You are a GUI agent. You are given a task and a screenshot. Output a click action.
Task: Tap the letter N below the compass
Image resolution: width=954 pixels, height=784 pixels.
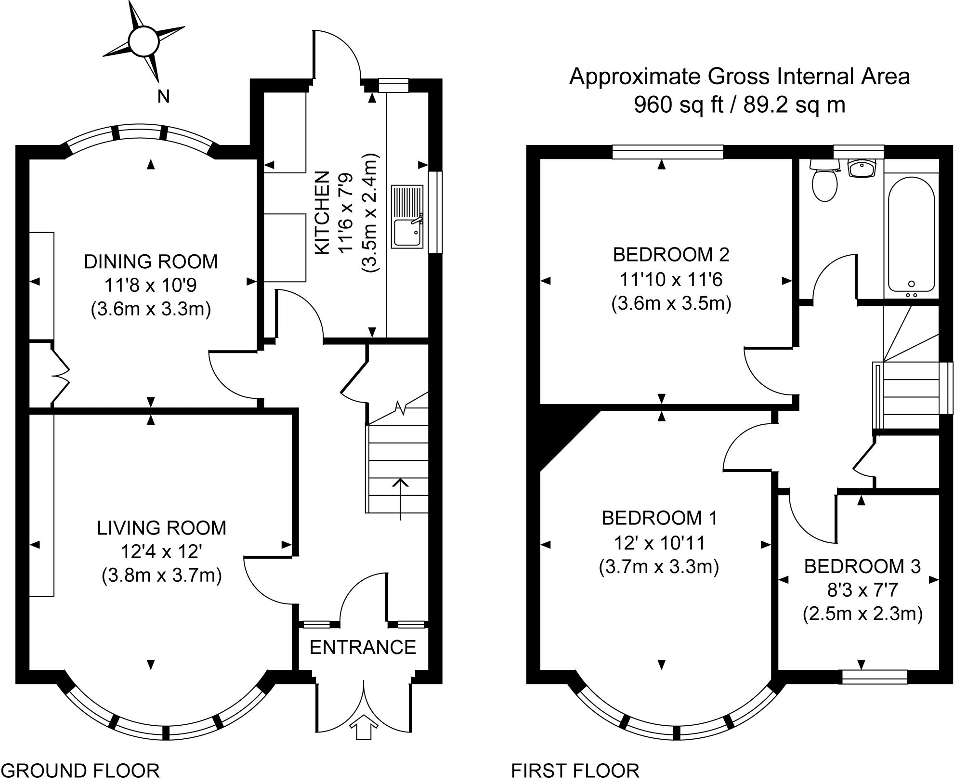pyautogui.click(x=164, y=97)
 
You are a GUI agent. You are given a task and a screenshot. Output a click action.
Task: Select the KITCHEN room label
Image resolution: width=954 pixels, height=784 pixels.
pyautogui.click(x=322, y=212)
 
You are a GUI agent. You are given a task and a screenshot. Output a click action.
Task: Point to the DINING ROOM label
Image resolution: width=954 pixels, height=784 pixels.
pyautogui.click(x=151, y=261)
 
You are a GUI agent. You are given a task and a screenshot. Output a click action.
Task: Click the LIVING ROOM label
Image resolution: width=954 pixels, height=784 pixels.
pyautogui.click(x=161, y=528)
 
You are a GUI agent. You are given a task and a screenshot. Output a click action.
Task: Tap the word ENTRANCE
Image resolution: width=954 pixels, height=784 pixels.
pyautogui.click(x=363, y=647)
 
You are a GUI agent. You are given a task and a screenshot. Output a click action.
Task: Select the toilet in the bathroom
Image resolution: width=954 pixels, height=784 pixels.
pyautogui.click(x=824, y=183)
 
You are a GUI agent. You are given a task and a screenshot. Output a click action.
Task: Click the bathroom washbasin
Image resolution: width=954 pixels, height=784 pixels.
pyautogui.click(x=862, y=169)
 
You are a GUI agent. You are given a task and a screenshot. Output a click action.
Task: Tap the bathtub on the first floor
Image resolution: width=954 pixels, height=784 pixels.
pyautogui.click(x=911, y=235)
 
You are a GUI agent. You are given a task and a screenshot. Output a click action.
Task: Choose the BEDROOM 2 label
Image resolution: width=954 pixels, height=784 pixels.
pyautogui.click(x=671, y=254)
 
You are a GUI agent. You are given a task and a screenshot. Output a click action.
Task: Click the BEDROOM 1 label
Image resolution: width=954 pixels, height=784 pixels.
pyautogui.click(x=659, y=518)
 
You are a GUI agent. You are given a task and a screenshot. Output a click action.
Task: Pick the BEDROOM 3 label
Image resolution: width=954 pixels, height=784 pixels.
pyautogui.click(x=862, y=566)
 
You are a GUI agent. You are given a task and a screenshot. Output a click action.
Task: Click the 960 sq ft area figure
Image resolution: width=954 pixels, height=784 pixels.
pyautogui.click(x=678, y=105)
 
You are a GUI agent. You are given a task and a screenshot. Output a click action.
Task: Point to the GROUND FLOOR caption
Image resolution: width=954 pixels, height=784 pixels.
pyautogui.click(x=80, y=771)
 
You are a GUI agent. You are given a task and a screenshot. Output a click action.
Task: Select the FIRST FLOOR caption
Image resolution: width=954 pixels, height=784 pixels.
pyautogui.click(x=575, y=771)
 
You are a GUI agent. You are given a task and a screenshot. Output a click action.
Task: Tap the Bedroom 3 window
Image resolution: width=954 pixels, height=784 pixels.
pyautogui.click(x=875, y=677)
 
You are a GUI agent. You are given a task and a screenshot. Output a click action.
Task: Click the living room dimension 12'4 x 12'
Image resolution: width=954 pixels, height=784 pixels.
pyautogui.click(x=161, y=552)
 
